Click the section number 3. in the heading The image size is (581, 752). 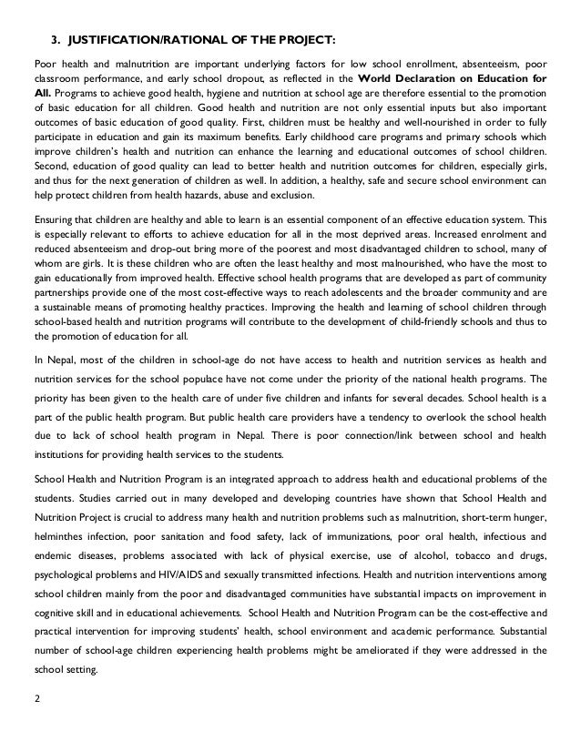[55, 40]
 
